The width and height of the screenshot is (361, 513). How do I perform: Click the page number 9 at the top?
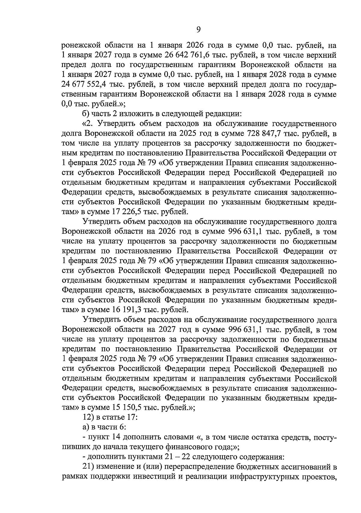pos(199,29)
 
